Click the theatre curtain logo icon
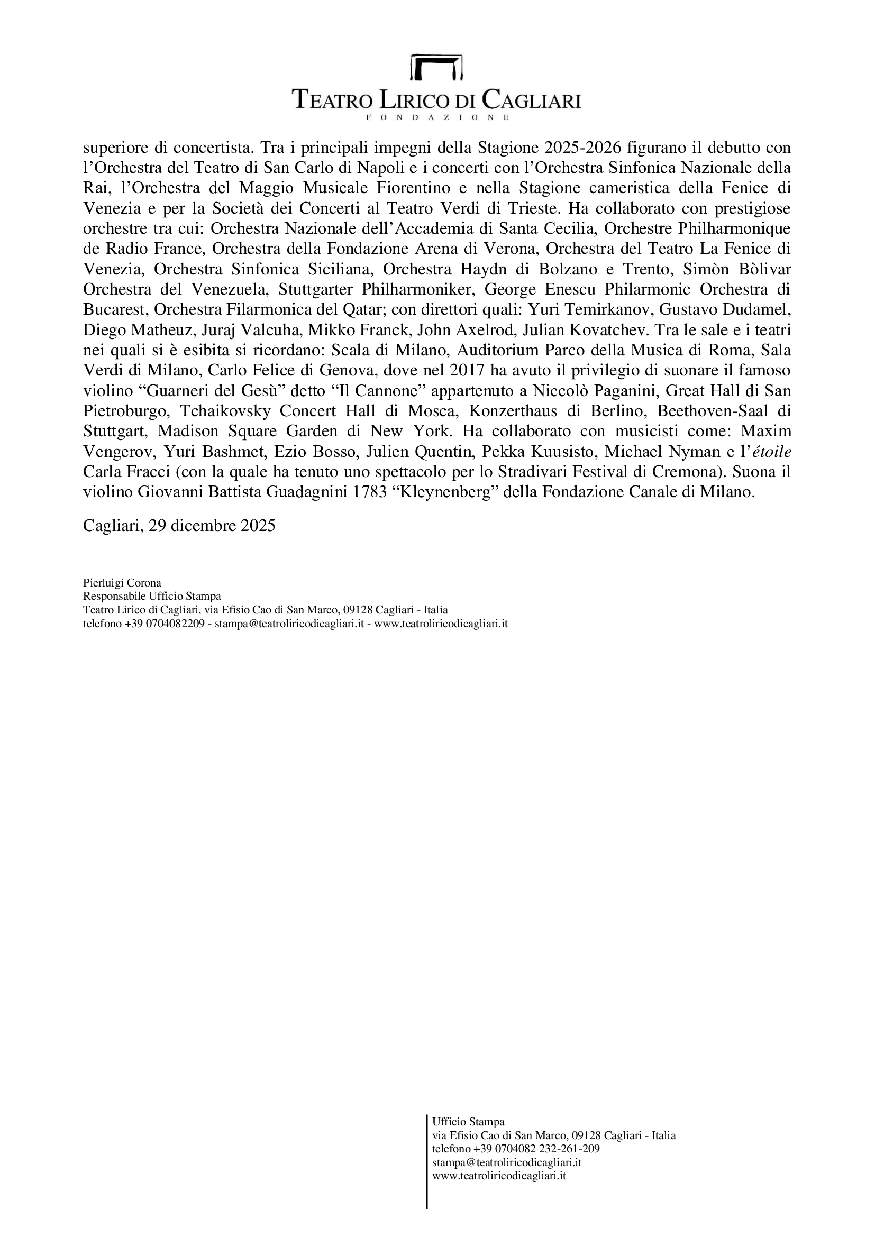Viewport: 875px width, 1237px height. (x=437, y=67)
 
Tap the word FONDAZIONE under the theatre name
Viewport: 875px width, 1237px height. (x=437, y=117)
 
